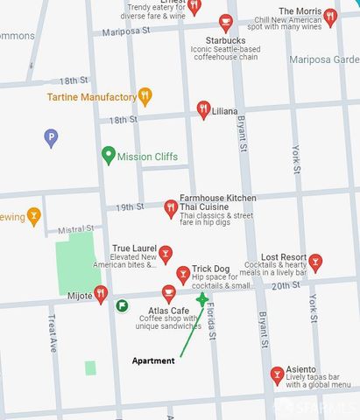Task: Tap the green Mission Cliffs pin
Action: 109,156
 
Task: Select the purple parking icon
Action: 51,137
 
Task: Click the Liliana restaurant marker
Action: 203,110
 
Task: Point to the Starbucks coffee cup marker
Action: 225,22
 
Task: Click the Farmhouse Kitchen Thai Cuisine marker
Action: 170,208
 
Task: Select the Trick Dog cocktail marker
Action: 182,275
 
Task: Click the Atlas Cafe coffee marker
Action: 168,292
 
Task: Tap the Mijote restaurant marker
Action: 101,294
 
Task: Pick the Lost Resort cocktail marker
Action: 315,261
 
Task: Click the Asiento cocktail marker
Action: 277,374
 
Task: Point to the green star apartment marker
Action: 202,299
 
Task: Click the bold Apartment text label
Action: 153,360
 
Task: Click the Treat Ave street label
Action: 53,335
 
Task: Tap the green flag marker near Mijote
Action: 122,305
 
